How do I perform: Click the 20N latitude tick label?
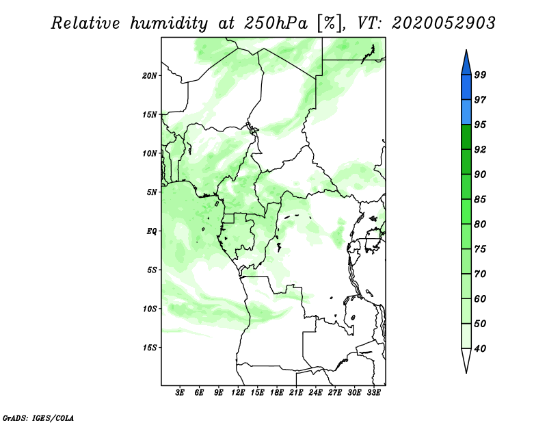point(150,75)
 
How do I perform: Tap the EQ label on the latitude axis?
point(151,231)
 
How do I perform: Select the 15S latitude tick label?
point(150,348)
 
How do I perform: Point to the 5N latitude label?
point(152,192)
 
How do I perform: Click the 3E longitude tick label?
point(180,393)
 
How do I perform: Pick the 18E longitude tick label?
point(277,393)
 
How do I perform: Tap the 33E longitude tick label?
point(373,393)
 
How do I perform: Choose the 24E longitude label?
point(315,393)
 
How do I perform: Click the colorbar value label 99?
point(480,75)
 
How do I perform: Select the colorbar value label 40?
point(480,348)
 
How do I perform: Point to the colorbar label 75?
point(480,249)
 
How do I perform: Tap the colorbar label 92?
point(480,149)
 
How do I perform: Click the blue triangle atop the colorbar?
point(466,64)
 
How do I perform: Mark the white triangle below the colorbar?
point(466,359)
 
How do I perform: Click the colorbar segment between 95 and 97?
point(466,112)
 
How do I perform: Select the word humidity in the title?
point(169,23)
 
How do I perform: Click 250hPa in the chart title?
point(276,23)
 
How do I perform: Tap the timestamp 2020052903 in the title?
point(443,23)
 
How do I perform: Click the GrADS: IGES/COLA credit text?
point(38,418)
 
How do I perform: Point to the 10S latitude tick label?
point(150,309)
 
